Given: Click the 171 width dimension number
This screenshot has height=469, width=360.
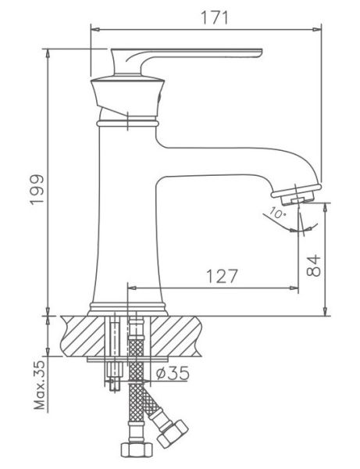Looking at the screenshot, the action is [x=214, y=18].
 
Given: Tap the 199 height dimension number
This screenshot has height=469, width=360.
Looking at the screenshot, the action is [x=37, y=189].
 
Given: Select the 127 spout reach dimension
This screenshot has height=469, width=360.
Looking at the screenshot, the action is [x=222, y=276].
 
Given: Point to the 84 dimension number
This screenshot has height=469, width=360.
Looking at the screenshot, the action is [x=313, y=265].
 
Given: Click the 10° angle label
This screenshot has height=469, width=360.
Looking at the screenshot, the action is [x=277, y=213].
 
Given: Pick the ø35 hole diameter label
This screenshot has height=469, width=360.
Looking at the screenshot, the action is [x=173, y=373].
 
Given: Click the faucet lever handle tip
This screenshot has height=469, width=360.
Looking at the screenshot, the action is [x=259, y=52].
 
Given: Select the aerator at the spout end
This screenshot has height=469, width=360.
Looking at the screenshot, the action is [x=297, y=194].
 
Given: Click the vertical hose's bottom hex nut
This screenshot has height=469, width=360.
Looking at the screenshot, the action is [x=137, y=449].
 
